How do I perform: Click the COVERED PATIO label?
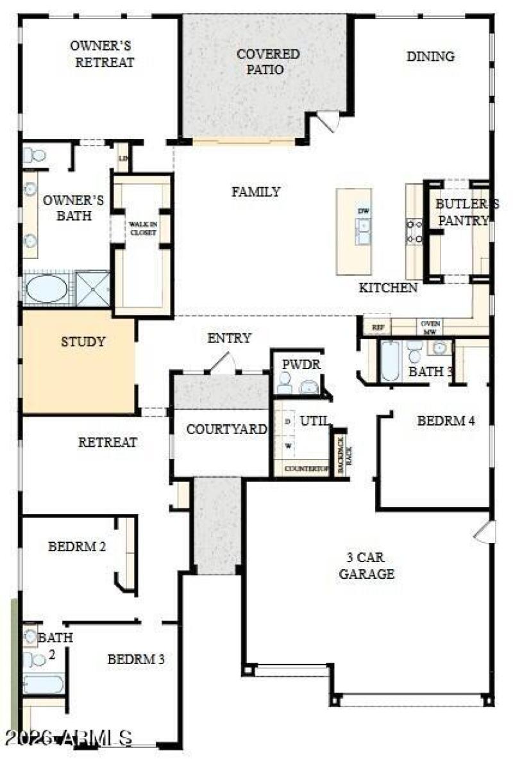(268, 62)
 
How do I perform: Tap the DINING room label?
(430, 56)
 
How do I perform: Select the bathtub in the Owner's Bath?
(47, 288)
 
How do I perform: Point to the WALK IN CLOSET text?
(142, 228)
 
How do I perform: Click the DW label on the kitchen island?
(363, 211)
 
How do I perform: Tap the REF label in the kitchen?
(378, 327)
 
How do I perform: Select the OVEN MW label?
(430, 328)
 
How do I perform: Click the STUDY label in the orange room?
(83, 342)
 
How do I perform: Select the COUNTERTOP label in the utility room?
(306, 469)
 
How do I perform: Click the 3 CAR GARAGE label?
(367, 565)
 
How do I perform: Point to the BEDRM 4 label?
(446, 421)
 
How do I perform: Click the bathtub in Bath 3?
(390, 361)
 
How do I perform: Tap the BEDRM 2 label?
(77, 547)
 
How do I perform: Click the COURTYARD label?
(226, 429)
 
